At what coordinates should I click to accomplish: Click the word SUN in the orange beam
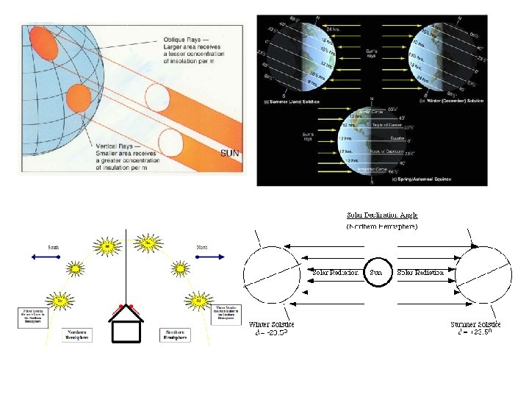pyautogui.click(x=230, y=153)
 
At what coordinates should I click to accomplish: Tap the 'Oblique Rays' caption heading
pyautogui.click(x=181, y=40)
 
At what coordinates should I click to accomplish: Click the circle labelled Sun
pyautogui.click(x=377, y=273)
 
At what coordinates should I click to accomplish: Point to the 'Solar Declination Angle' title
pyautogui.click(x=384, y=215)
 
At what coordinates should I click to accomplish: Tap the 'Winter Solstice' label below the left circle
pyautogui.click(x=271, y=324)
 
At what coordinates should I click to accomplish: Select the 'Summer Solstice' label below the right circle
pyautogui.click(x=475, y=324)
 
